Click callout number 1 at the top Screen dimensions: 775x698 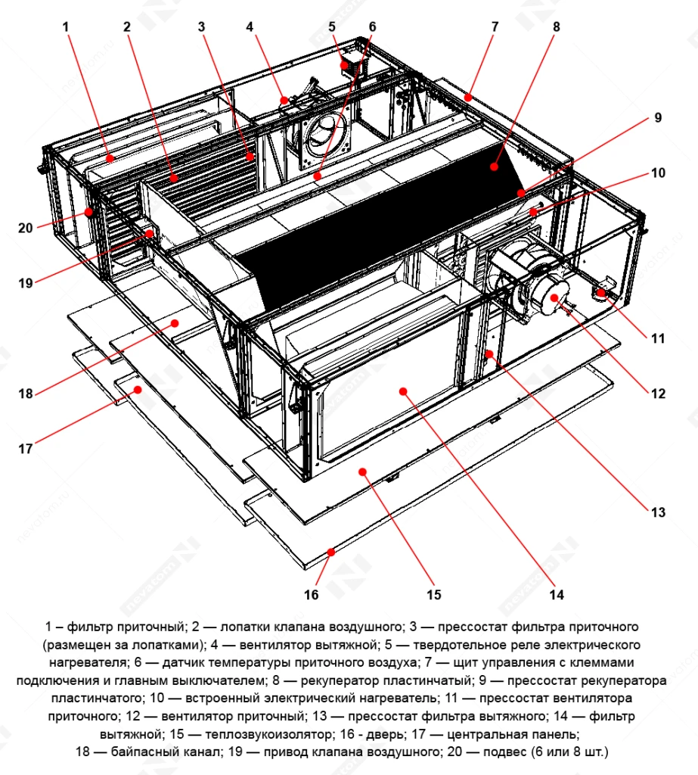(x=66, y=26)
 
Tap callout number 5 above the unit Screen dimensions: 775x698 (x=332, y=26)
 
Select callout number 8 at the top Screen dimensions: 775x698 (x=556, y=26)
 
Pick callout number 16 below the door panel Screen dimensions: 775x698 (x=312, y=594)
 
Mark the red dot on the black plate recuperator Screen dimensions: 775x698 (x=493, y=165)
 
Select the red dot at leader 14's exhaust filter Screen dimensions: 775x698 (x=404, y=391)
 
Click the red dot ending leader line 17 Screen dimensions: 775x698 (x=138, y=390)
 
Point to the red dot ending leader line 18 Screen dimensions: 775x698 (x=175, y=322)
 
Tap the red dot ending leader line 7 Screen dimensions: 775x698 (x=469, y=97)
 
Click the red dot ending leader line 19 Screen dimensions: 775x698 (x=150, y=234)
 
